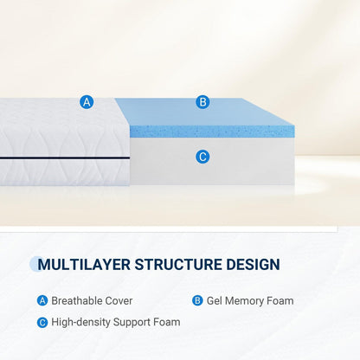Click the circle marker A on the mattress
click(x=87, y=102)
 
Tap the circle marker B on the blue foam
click(x=202, y=102)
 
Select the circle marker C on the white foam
click(x=202, y=157)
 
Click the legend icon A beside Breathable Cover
click(x=42, y=301)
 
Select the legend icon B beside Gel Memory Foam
click(x=197, y=301)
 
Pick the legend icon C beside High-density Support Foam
click(x=42, y=322)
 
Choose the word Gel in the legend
click(x=215, y=301)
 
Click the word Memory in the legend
click(x=246, y=301)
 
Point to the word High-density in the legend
click(x=81, y=322)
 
